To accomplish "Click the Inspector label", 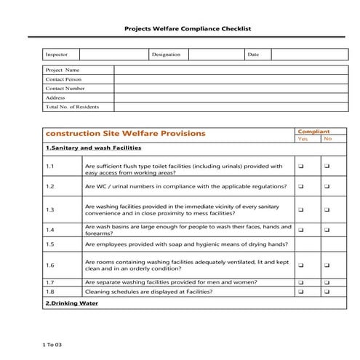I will [56, 55].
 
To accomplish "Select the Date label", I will [253, 55].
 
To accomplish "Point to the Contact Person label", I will [64, 79].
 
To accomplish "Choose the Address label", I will [55, 97].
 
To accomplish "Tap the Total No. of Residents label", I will [72, 107].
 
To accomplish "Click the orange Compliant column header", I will [314, 132].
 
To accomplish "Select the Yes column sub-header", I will [303, 139].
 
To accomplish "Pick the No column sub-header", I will [327, 139].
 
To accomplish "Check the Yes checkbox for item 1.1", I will [300, 167].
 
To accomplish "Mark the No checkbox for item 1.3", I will [327, 210].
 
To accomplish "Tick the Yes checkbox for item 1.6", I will [300, 265].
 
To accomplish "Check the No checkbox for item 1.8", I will [327, 292].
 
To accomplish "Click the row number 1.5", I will [50, 245].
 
